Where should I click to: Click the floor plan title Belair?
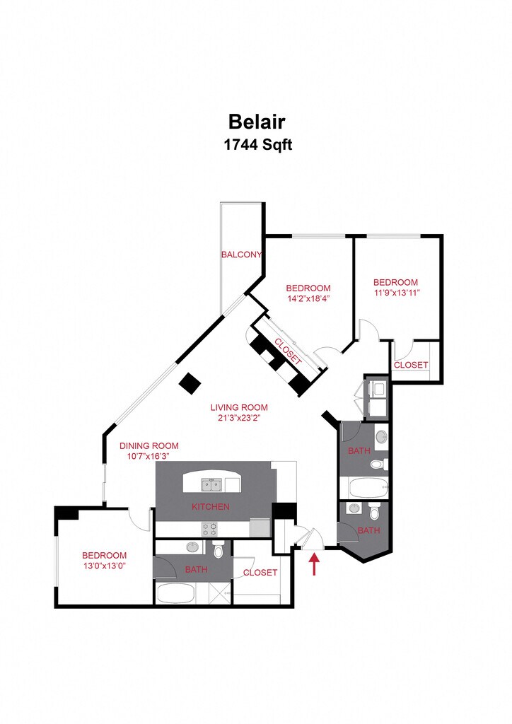click(257, 122)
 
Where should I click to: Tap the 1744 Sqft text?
click(257, 145)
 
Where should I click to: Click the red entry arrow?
click(315, 564)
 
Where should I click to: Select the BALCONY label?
click(241, 255)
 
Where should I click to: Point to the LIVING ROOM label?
click(239, 407)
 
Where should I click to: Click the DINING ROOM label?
click(149, 445)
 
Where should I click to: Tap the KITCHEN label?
click(211, 506)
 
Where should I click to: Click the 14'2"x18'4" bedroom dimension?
click(308, 298)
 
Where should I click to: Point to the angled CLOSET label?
click(288, 351)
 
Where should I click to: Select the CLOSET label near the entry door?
click(260, 572)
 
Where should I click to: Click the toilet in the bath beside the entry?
click(374, 512)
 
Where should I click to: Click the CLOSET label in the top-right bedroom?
click(411, 365)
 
